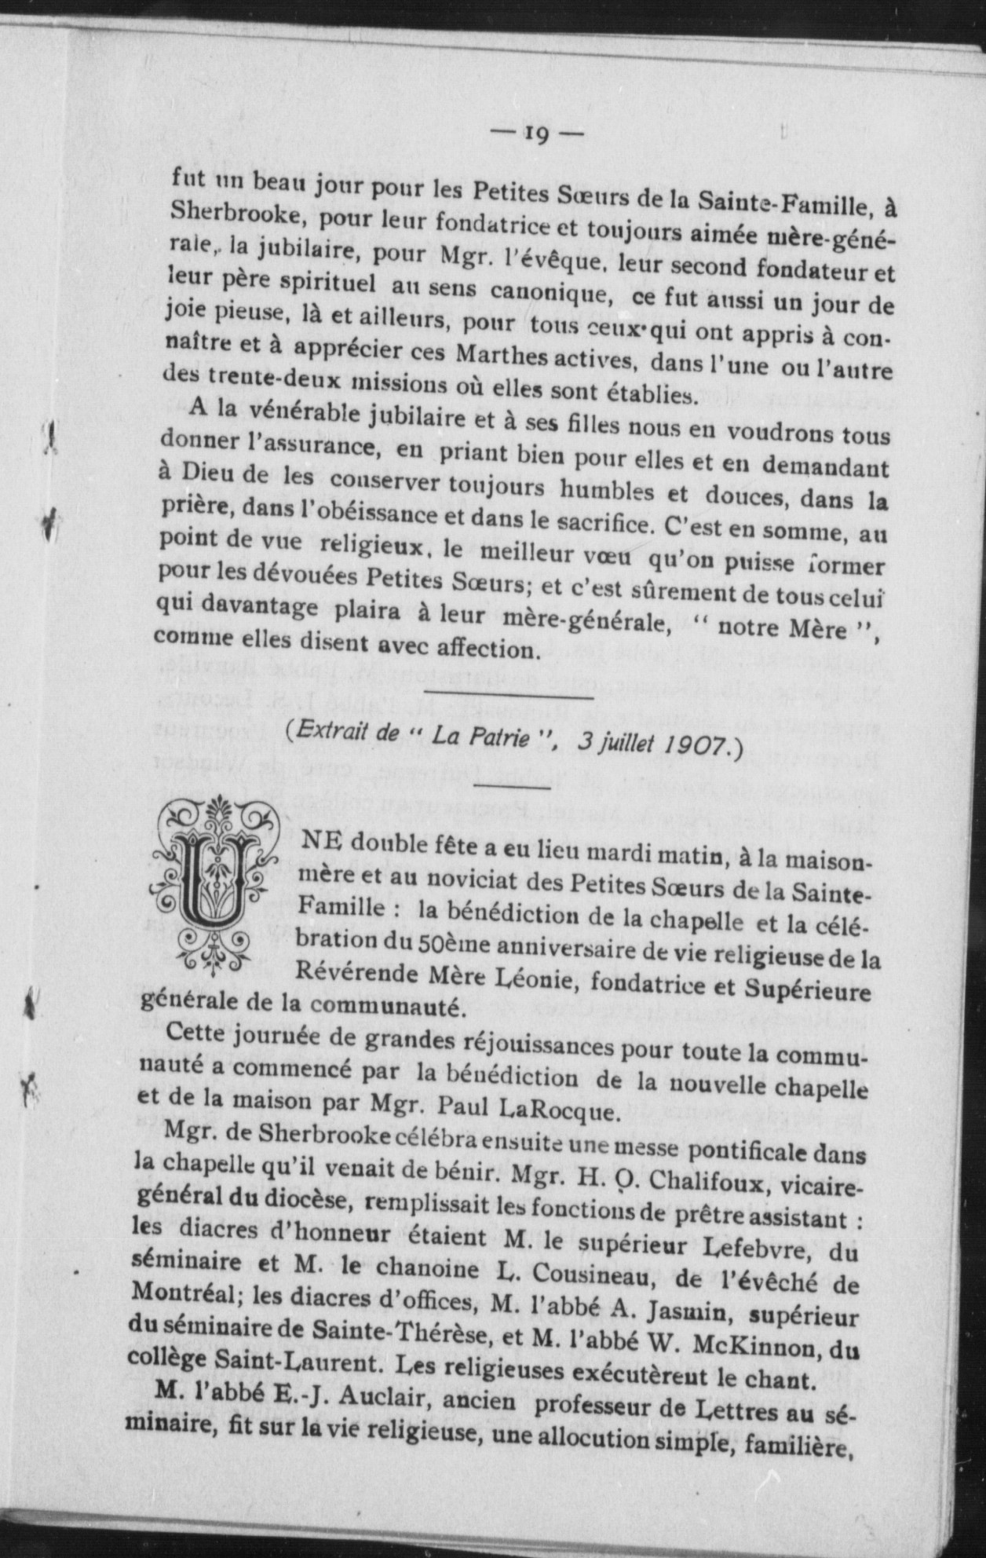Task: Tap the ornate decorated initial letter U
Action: (216, 883)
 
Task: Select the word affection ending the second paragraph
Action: (480, 650)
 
